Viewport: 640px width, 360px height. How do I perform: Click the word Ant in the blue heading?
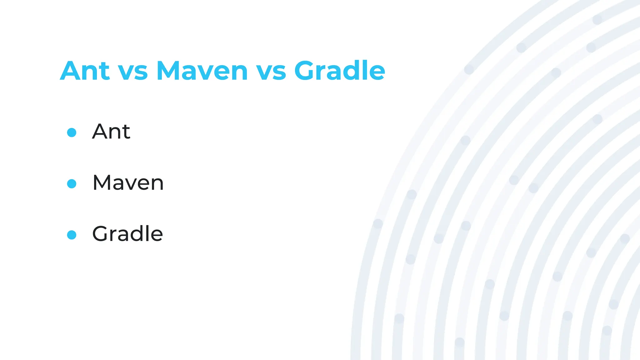click(85, 71)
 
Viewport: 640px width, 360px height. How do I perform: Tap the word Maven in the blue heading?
click(202, 71)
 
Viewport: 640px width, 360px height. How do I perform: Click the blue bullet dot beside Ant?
click(72, 132)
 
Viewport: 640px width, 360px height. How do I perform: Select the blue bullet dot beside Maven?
click(72, 184)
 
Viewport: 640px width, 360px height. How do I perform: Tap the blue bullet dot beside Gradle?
click(72, 235)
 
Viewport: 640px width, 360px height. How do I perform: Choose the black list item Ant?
click(111, 132)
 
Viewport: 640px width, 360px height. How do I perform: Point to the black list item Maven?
click(128, 183)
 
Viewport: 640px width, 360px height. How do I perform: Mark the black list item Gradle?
click(127, 234)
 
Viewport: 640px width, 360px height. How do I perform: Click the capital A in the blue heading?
click(71, 71)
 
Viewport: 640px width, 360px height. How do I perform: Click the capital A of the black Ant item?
click(100, 132)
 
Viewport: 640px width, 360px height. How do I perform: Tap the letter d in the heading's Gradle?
click(357, 70)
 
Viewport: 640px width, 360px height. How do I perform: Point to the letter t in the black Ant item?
click(126, 132)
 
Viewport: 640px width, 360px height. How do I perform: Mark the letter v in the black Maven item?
click(132, 184)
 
